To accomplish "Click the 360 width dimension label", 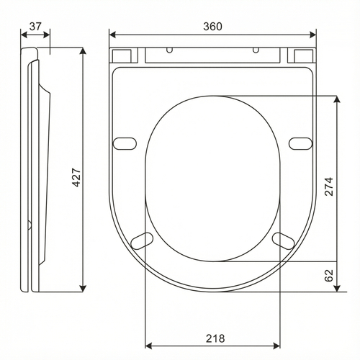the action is (212, 27).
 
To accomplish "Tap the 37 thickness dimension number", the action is (35, 27).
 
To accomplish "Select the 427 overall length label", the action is (77, 177).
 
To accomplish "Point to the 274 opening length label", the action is (329, 186).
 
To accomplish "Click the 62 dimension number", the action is (329, 275).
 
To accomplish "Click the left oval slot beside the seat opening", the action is (125, 143).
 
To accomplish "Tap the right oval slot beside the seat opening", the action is (300, 143).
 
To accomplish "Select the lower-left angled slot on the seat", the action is (142, 240).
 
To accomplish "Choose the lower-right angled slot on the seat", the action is (284, 240).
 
